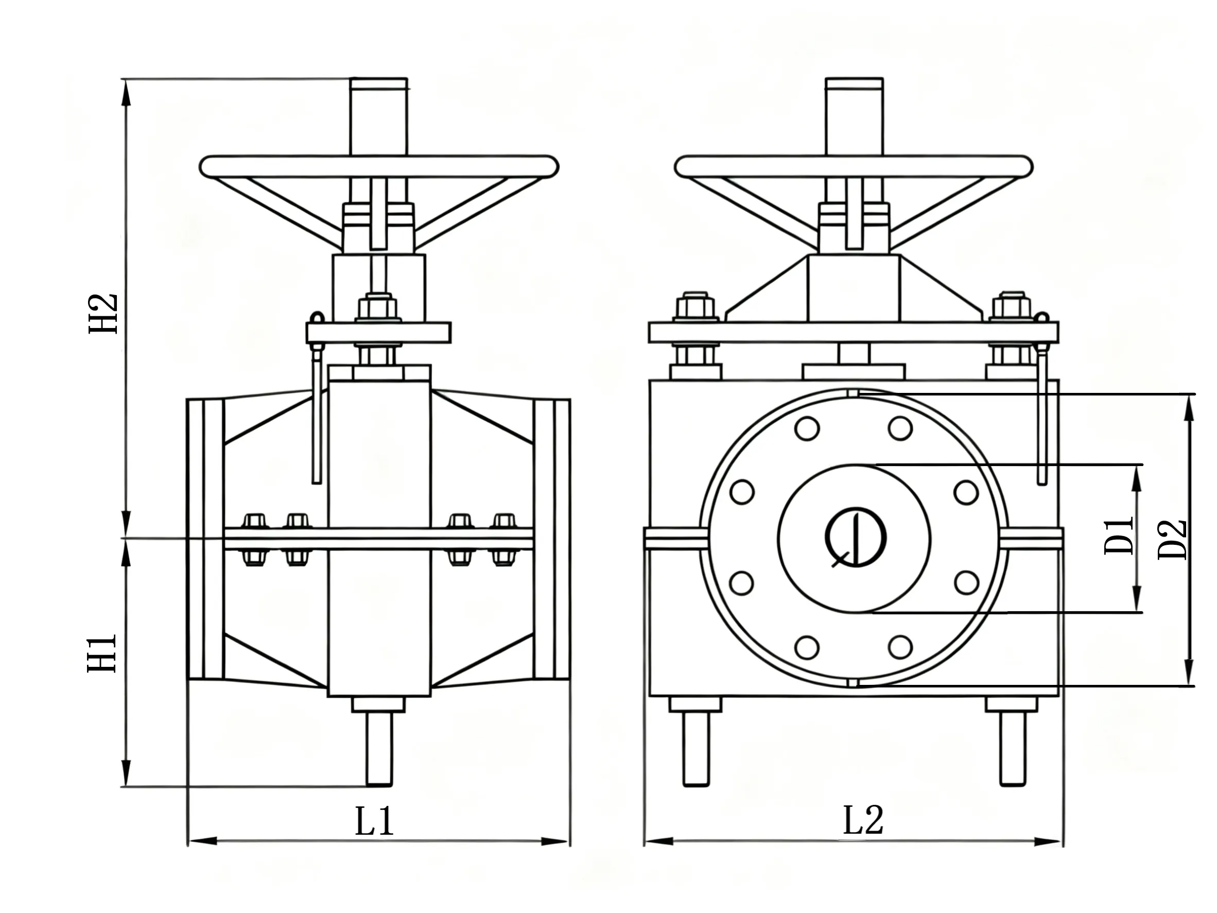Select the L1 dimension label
[374, 821]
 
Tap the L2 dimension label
[863, 821]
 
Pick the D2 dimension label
[1172, 539]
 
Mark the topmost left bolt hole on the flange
[807, 428]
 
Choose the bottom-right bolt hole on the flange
[900, 647]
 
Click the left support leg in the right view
[696, 748]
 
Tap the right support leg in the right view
[1012, 748]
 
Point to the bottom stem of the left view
[379, 748]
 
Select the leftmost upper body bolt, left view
[255, 521]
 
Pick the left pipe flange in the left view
[206, 539]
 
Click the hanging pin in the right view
[1041, 413]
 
